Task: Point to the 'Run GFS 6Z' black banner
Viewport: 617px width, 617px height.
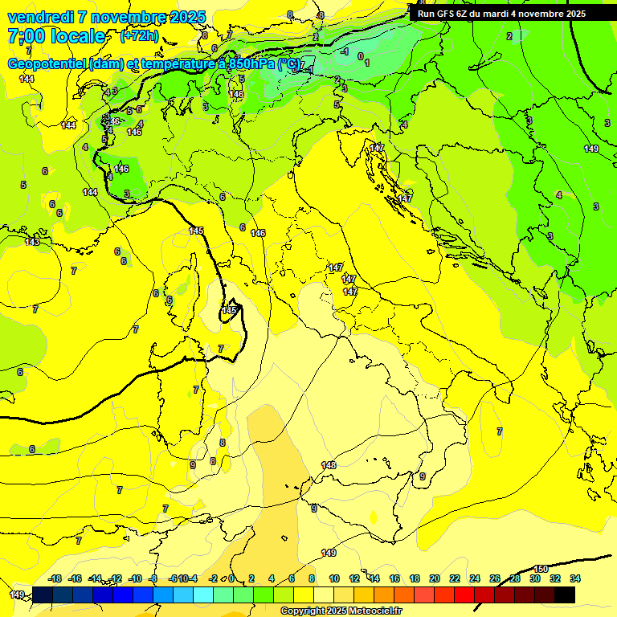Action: (x=501, y=14)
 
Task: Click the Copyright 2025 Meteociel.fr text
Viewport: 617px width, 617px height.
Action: (x=340, y=611)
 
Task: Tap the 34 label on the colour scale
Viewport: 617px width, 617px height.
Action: (x=574, y=578)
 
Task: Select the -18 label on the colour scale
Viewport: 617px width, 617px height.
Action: (x=55, y=578)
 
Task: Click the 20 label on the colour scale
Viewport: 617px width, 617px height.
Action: (x=435, y=578)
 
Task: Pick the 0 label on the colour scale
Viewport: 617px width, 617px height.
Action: (x=231, y=578)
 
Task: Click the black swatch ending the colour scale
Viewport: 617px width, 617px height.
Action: (x=565, y=594)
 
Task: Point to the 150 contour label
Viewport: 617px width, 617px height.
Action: (x=541, y=569)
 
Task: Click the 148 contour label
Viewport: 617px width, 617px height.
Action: (x=329, y=465)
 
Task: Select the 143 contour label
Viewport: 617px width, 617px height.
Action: (x=32, y=242)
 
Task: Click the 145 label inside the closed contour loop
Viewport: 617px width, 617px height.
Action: (x=230, y=310)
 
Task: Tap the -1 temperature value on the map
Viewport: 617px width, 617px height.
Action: (x=345, y=51)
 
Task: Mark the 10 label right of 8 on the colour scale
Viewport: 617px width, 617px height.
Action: (x=334, y=578)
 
